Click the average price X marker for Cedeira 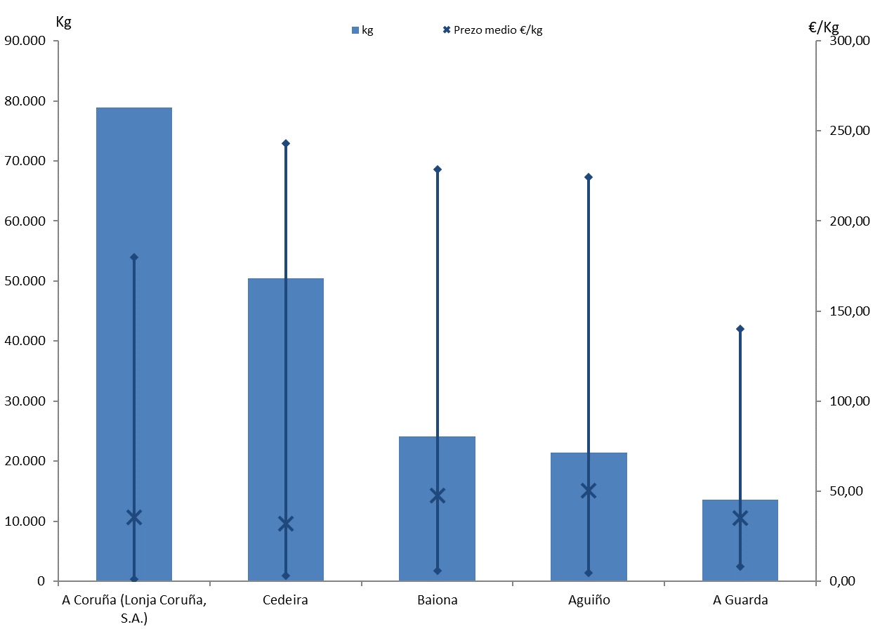(x=286, y=524)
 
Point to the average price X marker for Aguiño (x=589, y=491)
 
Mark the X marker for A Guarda (x=740, y=519)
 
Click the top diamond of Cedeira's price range (x=286, y=143)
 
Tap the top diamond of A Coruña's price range (x=134, y=257)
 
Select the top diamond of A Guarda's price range (x=740, y=329)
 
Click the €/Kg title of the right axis (x=824, y=27)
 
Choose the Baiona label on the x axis (x=438, y=600)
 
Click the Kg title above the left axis (x=63, y=21)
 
